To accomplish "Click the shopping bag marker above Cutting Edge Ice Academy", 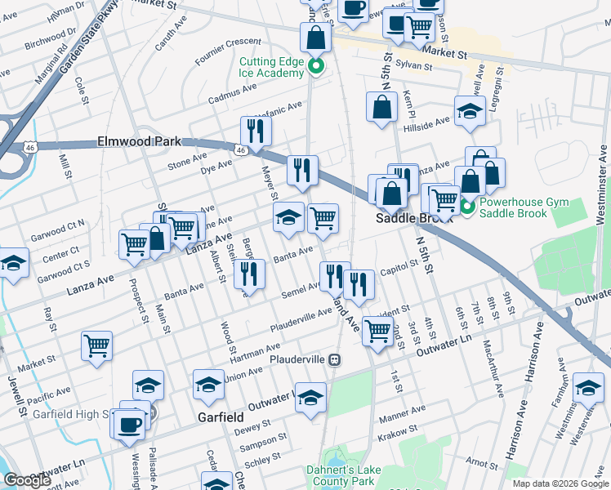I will (315, 37).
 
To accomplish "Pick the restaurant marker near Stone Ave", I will (256, 131).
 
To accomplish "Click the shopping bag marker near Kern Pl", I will (381, 107).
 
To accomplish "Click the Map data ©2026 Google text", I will (560, 483).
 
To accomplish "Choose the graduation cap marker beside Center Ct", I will (14, 263).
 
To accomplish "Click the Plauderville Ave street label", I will (301, 318).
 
